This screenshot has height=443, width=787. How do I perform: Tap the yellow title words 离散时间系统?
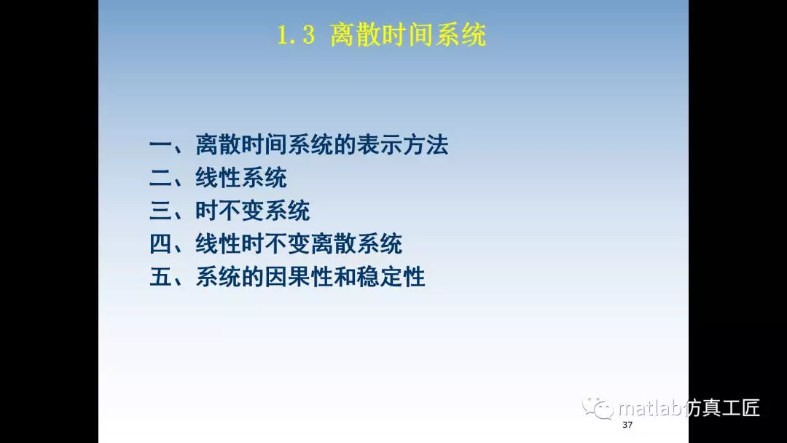pos(408,35)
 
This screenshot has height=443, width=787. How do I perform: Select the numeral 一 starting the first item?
pos(160,145)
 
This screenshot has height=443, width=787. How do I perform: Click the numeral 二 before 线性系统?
pos(160,178)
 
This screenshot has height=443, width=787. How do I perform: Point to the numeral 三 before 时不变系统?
pos(160,211)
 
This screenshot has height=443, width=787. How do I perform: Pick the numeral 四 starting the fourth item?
pos(160,244)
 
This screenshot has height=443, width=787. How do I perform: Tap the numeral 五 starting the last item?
pos(160,278)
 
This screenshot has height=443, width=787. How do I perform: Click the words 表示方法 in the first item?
pos(402,145)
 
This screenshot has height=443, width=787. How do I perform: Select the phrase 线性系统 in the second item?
pos(241,178)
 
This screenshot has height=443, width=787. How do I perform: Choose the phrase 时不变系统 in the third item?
pos(253,211)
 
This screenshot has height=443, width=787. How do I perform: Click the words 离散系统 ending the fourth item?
pos(356,244)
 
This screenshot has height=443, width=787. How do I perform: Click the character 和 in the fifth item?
pos(345,278)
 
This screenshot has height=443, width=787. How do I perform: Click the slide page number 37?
pos(627,425)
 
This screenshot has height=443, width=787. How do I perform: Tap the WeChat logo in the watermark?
pos(598,408)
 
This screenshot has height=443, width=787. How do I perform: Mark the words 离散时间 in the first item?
pos(241,145)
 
